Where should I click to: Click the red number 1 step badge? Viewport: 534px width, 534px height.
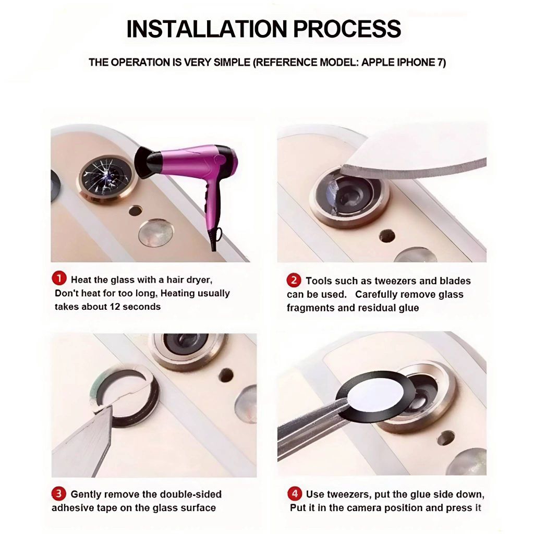[x=59, y=279]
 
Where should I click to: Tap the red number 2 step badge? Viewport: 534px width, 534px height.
[x=294, y=280]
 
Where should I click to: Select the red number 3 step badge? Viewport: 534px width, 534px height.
[x=58, y=493]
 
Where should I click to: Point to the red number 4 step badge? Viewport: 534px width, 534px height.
[x=294, y=493]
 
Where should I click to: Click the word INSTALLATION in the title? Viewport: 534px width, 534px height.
[x=207, y=29]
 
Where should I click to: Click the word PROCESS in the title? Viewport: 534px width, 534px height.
[x=347, y=29]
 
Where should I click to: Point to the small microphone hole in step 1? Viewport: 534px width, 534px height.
[x=135, y=211]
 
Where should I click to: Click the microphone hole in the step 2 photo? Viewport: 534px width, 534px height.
[x=387, y=236]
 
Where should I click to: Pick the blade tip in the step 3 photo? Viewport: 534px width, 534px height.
[x=94, y=412]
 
